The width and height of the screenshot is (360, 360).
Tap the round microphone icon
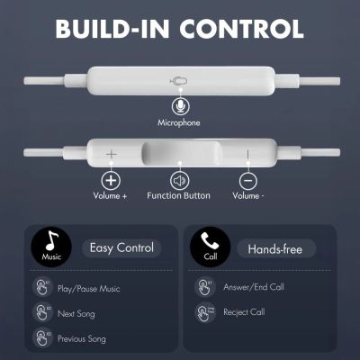[x=179, y=106]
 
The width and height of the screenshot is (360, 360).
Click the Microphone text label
[x=179, y=123]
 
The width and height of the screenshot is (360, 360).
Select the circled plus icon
[x=112, y=179]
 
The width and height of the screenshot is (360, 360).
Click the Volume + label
[x=112, y=195]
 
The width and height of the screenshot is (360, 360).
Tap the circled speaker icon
[x=179, y=179]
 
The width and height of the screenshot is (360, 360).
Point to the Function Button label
[x=179, y=195]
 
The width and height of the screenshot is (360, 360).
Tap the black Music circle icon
[x=51, y=245]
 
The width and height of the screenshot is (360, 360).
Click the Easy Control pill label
[x=121, y=247]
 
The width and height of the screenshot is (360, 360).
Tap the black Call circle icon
[x=209, y=245]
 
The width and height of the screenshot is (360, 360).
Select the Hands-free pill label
[x=275, y=247]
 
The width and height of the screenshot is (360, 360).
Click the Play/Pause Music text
[x=89, y=288]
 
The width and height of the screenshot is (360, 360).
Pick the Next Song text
[x=76, y=313]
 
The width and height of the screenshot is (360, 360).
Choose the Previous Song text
[x=82, y=338]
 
